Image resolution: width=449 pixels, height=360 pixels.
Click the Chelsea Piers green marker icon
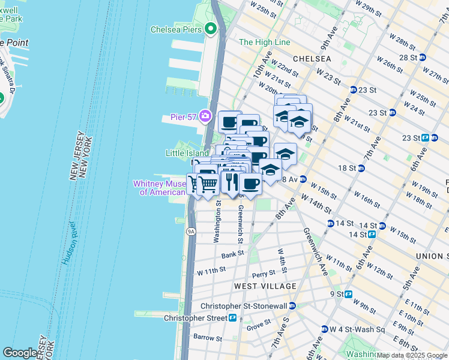coord(210,28)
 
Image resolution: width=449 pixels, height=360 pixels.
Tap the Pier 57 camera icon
coord(206,116)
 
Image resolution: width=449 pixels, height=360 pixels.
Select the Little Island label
coord(187,154)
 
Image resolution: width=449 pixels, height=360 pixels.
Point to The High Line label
coord(264,43)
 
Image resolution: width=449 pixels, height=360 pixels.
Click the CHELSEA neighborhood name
coord(312,59)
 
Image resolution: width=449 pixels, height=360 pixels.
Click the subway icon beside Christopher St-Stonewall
coord(292,305)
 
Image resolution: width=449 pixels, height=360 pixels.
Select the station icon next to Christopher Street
coord(232,317)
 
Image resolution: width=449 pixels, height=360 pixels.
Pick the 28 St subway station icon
coord(423,58)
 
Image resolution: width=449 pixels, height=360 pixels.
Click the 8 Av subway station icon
coord(303,179)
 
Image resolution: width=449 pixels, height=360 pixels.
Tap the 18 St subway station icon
coord(361,169)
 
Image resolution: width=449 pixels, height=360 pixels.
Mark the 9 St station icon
coord(348,295)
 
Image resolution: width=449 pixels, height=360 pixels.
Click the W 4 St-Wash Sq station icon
coord(324,329)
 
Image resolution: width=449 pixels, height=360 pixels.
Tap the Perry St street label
coord(263,274)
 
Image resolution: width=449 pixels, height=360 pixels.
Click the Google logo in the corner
coord(20,353)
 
